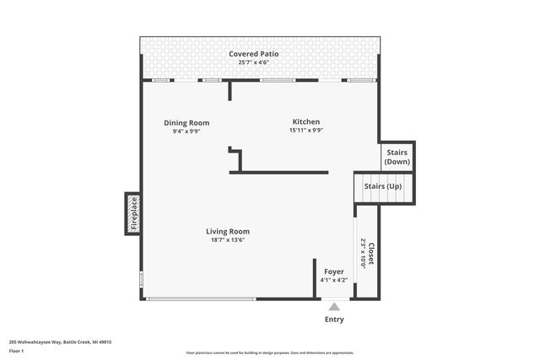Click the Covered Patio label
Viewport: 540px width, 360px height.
(253, 54)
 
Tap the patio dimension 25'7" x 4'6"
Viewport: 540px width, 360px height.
(253, 62)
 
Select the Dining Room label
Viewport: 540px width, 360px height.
(186, 123)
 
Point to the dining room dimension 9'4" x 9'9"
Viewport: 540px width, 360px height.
(186, 132)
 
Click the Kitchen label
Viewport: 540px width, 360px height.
(306, 121)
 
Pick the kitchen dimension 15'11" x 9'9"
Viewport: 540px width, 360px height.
(306, 131)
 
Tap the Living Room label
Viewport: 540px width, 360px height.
(228, 231)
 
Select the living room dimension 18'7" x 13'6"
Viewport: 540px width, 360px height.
(228, 240)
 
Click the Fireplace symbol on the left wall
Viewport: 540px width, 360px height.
(132, 213)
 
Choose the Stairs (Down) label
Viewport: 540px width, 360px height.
(397, 157)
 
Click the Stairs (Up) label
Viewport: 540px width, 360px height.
(382, 185)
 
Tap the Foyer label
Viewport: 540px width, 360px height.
(334, 271)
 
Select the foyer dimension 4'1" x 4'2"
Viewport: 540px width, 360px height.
(334, 280)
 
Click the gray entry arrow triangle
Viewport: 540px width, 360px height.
(334, 308)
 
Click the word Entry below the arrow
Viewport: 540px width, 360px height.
(334, 320)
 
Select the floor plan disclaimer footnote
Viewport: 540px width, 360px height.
(269, 353)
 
